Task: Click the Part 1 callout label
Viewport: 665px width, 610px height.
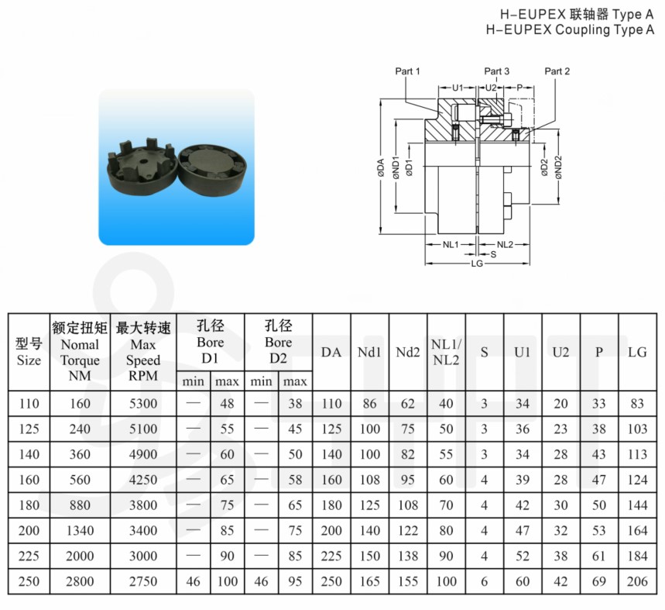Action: point(407,71)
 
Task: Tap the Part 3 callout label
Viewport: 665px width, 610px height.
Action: point(497,71)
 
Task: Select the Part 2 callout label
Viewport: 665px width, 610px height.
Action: point(557,71)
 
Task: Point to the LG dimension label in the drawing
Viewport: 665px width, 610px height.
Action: point(477,264)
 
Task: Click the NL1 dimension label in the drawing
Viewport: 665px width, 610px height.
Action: point(451,244)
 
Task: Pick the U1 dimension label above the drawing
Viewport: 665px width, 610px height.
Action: point(458,88)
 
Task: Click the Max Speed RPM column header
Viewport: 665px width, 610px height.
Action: point(143,352)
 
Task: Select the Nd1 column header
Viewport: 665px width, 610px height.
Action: point(369,352)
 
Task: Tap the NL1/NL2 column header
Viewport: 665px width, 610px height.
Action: point(446,353)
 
